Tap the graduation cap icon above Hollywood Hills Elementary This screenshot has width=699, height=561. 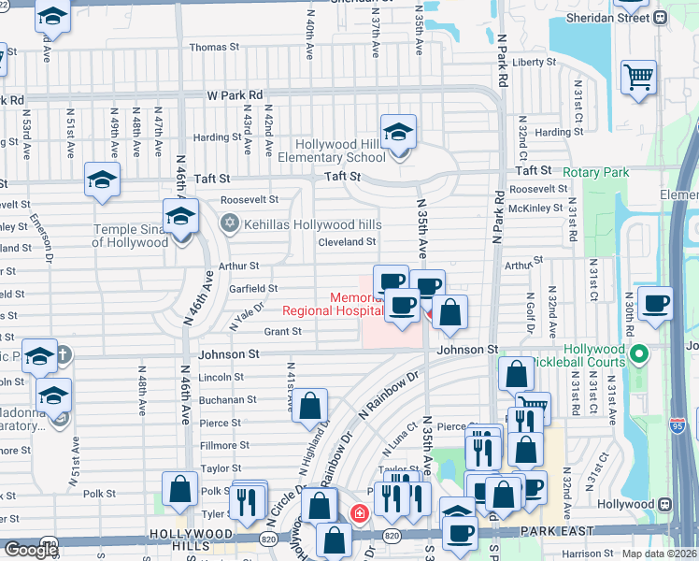(x=398, y=133)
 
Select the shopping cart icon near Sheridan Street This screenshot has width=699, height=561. (x=639, y=77)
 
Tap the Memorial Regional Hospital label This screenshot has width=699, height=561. (x=334, y=305)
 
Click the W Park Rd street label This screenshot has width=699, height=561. (x=235, y=95)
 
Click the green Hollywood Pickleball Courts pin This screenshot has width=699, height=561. (x=639, y=354)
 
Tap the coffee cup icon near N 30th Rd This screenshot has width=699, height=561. (x=657, y=303)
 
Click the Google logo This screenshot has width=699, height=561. (x=30, y=549)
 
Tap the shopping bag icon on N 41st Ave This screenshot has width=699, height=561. (x=311, y=406)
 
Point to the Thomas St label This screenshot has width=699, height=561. (x=208, y=47)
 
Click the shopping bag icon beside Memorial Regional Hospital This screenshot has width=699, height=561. (x=449, y=313)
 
